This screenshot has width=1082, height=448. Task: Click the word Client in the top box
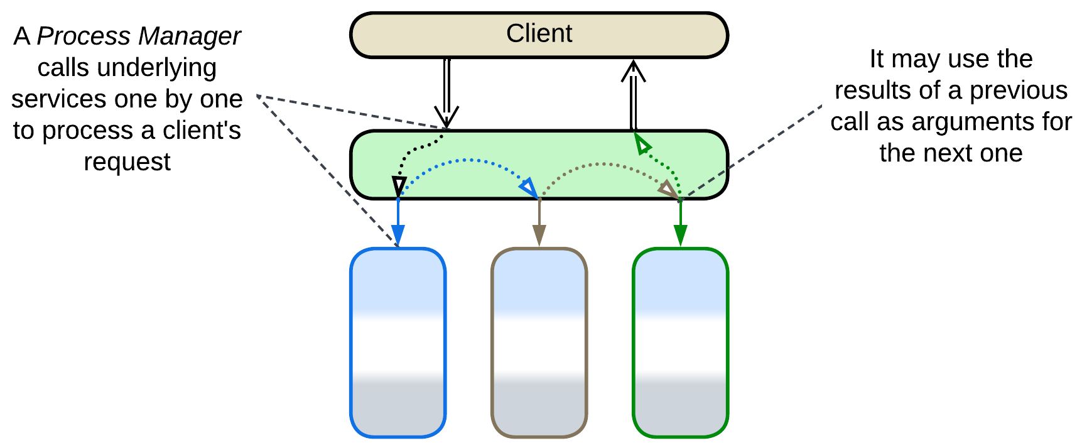pyautogui.click(x=539, y=34)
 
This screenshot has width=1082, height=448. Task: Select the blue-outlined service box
pyautogui.click(x=398, y=342)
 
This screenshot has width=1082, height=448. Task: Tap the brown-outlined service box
pyautogui.click(x=539, y=342)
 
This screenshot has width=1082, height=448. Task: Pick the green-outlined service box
pyautogui.click(x=680, y=342)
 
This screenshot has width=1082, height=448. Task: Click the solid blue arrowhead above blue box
pyautogui.click(x=398, y=236)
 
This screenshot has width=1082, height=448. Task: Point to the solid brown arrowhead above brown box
pyautogui.click(x=539, y=236)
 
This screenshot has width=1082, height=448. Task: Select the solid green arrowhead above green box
pyautogui.click(x=680, y=236)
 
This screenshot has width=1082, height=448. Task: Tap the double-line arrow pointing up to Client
pyautogui.click(x=633, y=94)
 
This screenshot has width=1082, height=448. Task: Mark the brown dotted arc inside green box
pyautogui.click(x=603, y=165)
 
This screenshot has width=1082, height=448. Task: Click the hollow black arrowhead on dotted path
pyautogui.click(x=399, y=186)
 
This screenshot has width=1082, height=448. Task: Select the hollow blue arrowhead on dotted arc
pyautogui.click(x=528, y=188)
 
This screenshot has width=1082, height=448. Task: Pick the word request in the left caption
pyautogui.click(x=127, y=162)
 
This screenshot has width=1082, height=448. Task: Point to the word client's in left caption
pyautogui.click(x=201, y=131)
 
